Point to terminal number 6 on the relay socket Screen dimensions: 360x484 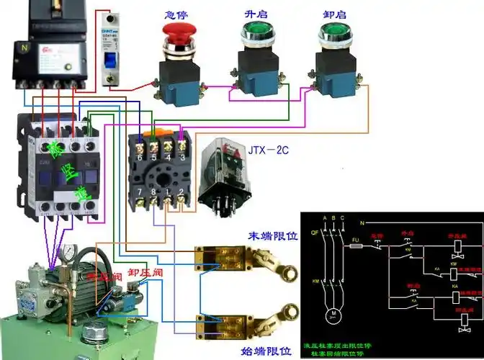[140, 157]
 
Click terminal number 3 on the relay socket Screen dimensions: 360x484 [183, 157]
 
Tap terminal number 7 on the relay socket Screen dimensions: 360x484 [140, 192]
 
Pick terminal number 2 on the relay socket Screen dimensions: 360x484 [182, 192]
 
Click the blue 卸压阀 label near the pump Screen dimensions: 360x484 [143, 273]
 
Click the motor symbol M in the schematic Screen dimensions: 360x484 [332, 315]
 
